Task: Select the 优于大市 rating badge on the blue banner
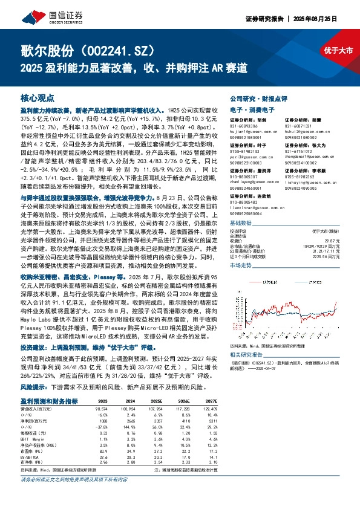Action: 336,50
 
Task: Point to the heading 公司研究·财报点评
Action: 257,97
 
